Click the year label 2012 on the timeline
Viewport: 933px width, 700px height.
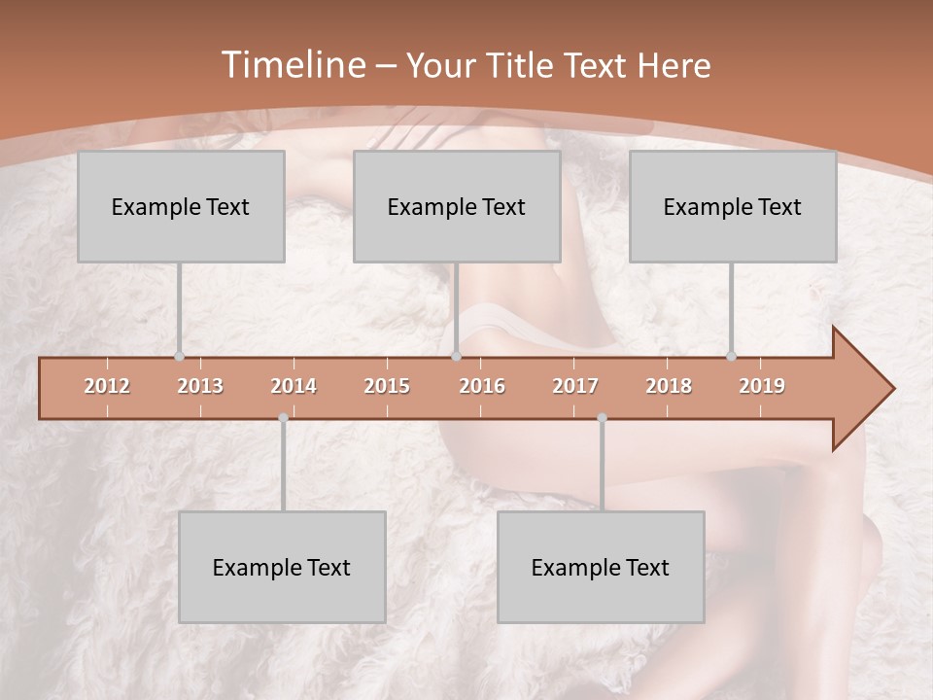pos(107,386)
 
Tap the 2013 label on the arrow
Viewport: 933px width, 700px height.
pos(200,386)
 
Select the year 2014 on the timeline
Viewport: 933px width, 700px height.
pos(294,386)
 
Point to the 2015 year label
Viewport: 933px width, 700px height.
pos(387,386)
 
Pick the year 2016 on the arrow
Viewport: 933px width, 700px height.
pos(482,386)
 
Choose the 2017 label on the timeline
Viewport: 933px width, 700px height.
pos(575,386)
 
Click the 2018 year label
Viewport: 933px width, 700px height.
pos(669,386)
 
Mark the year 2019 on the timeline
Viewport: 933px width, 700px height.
pos(762,386)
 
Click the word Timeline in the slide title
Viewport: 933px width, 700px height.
pos(292,65)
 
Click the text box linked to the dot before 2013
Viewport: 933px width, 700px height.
pos(181,206)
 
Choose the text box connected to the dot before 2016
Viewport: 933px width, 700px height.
pos(457,206)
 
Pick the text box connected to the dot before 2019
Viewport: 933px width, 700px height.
pos(733,206)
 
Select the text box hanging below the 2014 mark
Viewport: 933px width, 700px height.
pos(282,567)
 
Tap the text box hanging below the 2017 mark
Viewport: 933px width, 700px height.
pos(601,567)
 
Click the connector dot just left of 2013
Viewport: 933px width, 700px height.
pos(179,357)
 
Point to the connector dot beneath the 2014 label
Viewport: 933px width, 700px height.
pos(283,418)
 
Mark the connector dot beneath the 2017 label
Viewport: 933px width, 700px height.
pos(602,418)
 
